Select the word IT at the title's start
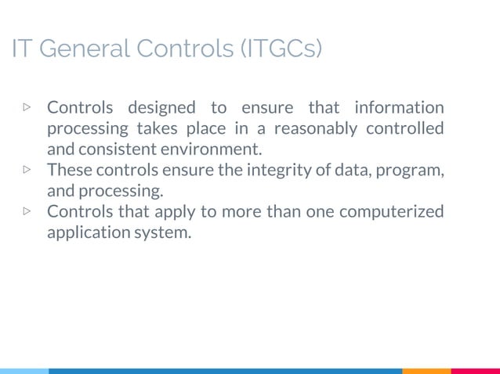point(21,49)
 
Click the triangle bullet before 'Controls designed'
point(27,106)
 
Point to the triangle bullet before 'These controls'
point(27,169)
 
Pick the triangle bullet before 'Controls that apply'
point(27,211)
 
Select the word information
point(399,107)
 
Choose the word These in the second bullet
point(70,170)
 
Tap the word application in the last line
point(88,232)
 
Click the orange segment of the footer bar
point(426,371)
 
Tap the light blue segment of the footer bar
point(24,371)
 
